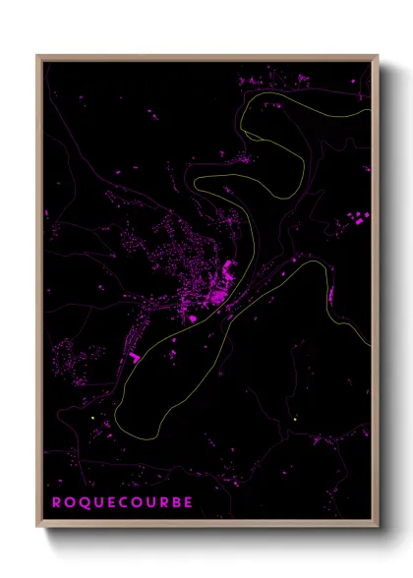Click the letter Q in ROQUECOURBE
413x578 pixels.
(x=83, y=502)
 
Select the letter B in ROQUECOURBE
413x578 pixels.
(x=174, y=502)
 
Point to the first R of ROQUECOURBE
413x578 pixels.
(x=56, y=502)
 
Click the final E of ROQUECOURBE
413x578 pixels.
(x=187, y=502)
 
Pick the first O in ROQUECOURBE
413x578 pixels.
(x=69, y=502)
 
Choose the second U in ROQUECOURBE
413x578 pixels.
(x=148, y=502)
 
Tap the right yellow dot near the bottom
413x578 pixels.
(x=294, y=420)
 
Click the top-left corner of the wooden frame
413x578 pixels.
(x=38, y=56)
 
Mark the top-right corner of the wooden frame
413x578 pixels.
(x=377, y=56)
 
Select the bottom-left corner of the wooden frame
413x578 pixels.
(x=38, y=527)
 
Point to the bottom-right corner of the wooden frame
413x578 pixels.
(x=377, y=527)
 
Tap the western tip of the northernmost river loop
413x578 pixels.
(x=239, y=116)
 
